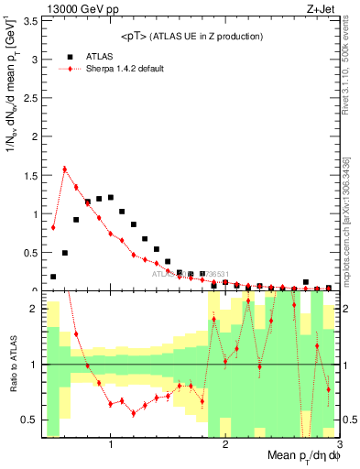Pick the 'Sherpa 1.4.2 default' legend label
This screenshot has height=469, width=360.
125,70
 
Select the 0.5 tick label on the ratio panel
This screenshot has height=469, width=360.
31,420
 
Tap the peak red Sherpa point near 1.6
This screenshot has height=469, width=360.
65,169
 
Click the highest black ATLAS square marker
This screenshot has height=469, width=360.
111,197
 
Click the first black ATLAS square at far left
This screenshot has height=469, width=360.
53,276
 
